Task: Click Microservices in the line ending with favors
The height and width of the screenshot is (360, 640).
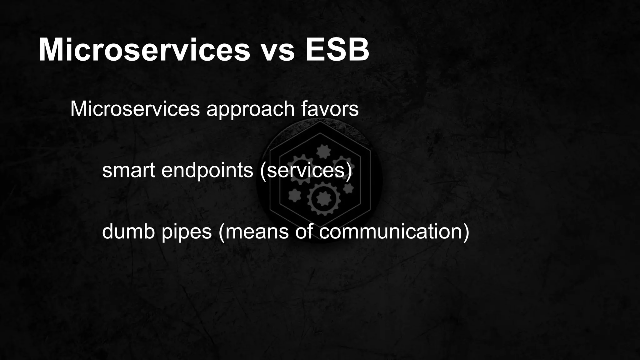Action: pyautogui.click(x=135, y=109)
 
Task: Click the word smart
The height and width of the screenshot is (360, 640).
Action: pyautogui.click(x=128, y=171)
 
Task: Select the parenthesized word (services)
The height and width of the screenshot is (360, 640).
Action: pyautogui.click(x=306, y=171)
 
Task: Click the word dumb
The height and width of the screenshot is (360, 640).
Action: pyautogui.click(x=128, y=232)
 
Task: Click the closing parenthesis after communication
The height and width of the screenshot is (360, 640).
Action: pyautogui.click(x=466, y=232)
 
